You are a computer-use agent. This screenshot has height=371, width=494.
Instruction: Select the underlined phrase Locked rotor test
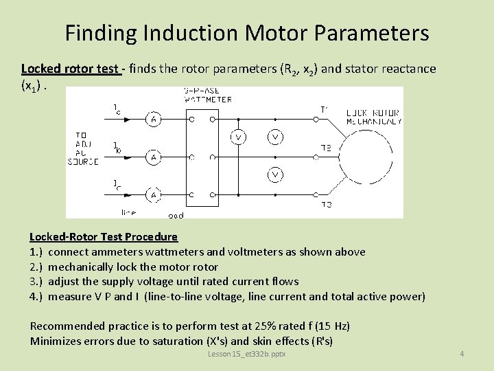click(x=71, y=69)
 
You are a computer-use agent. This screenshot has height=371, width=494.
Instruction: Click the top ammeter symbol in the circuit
click(x=154, y=119)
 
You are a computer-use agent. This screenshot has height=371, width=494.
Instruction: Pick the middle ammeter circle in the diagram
click(x=154, y=157)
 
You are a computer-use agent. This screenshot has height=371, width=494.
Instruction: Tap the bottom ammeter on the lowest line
click(x=154, y=196)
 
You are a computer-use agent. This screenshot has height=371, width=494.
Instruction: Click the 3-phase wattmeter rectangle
click(x=202, y=158)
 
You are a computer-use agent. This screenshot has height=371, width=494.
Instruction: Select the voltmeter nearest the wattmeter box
click(x=239, y=138)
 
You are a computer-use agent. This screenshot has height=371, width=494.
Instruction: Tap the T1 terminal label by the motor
click(x=325, y=109)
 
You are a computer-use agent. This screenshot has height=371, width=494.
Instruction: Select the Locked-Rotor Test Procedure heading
click(x=104, y=237)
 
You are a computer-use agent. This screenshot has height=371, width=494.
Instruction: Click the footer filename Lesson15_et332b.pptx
click(x=247, y=354)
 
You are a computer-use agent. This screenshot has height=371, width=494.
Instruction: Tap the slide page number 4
click(x=462, y=354)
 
